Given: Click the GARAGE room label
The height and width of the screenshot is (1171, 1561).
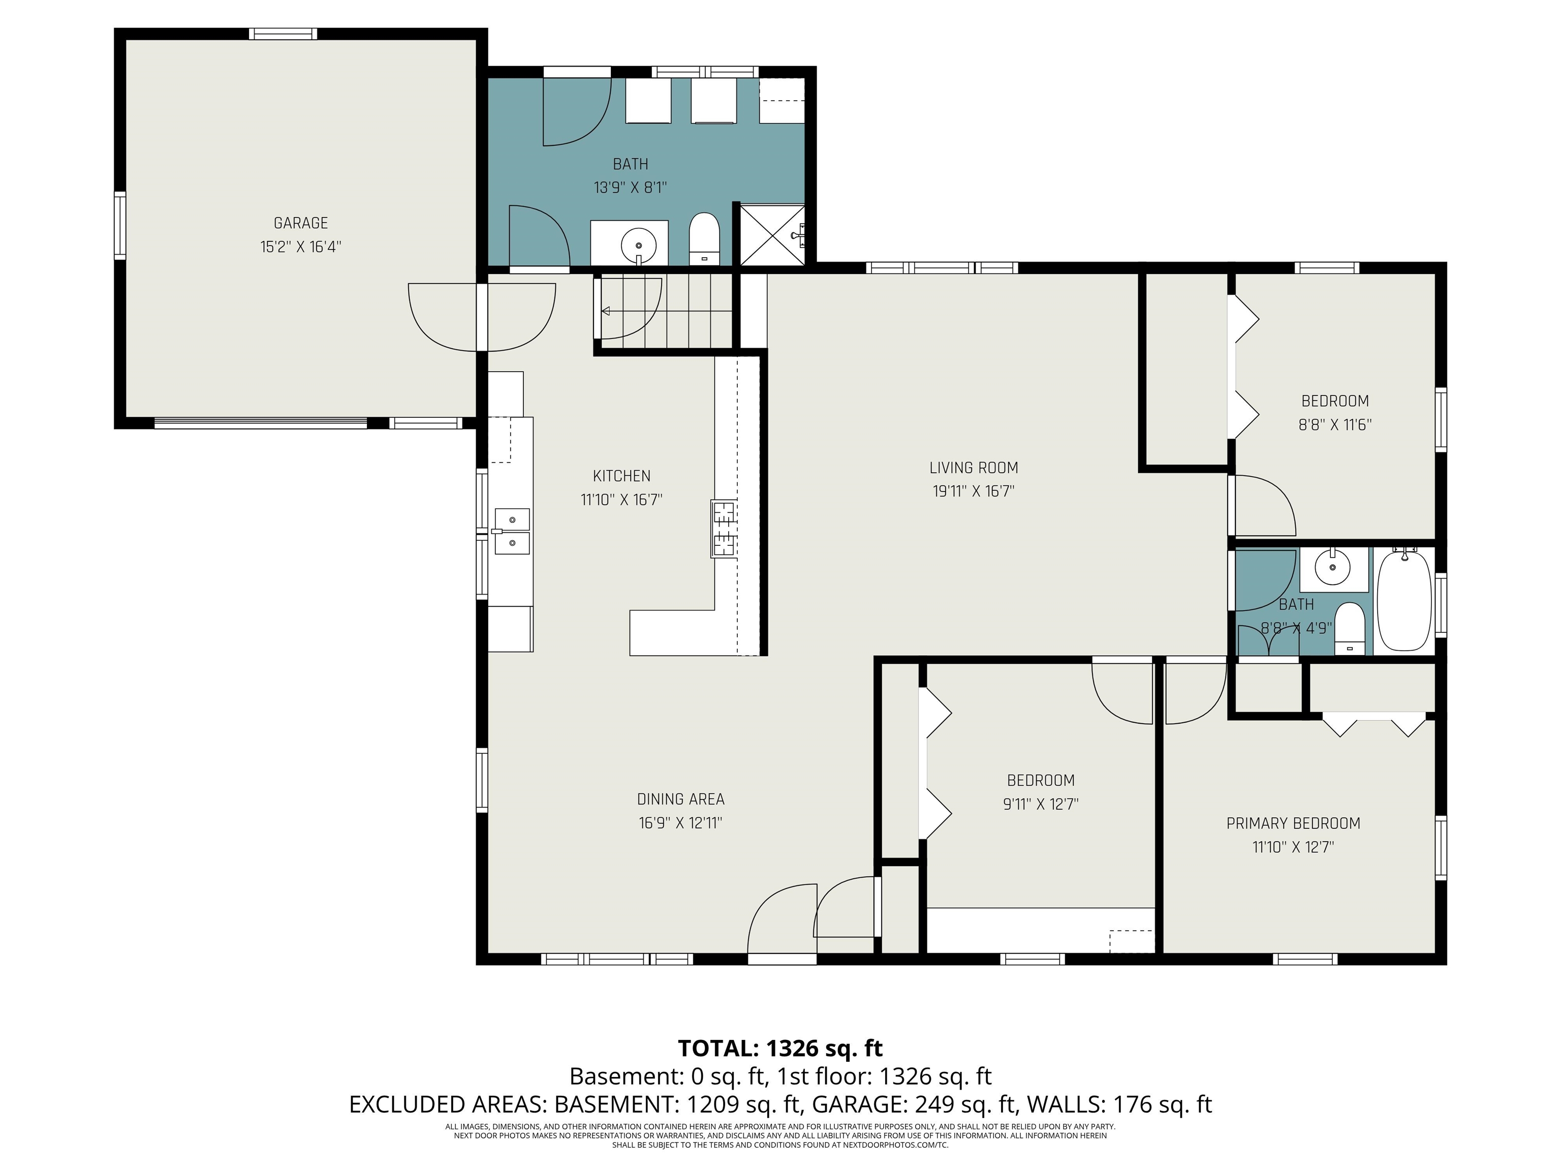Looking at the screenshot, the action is [x=301, y=223].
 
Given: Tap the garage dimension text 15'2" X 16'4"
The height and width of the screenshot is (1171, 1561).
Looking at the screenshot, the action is [x=301, y=247].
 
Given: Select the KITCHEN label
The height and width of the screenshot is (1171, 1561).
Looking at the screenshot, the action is [x=622, y=476].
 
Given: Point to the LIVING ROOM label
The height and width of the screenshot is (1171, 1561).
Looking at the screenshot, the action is [x=974, y=467].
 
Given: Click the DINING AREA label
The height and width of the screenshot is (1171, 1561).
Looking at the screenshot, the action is [x=681, y=799].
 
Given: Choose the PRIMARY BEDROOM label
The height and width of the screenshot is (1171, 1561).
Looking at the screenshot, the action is [x=1294, y=823].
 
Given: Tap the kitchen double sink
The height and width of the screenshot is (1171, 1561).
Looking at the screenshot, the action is [x=512, y=531].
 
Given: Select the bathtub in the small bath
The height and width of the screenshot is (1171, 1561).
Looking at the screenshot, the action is [x=1405, y=601].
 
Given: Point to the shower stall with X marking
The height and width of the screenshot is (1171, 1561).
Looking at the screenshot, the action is [x=771, y=235].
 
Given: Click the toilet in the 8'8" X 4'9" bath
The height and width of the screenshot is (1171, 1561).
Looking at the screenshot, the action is [x=1350, y=628].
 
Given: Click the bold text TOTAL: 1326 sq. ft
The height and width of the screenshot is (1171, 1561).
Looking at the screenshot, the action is [x=780, y=1048].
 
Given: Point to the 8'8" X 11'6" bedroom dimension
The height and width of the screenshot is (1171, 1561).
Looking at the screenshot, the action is [x=1335, y=425].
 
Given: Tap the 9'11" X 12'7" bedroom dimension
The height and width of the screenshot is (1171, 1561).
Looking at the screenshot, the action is [x=1041, y=804].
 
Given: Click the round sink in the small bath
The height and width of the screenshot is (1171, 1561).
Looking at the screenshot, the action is [x=1333, y=567].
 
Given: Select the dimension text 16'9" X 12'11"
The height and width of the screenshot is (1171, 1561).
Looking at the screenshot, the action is [x=681, y=823].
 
